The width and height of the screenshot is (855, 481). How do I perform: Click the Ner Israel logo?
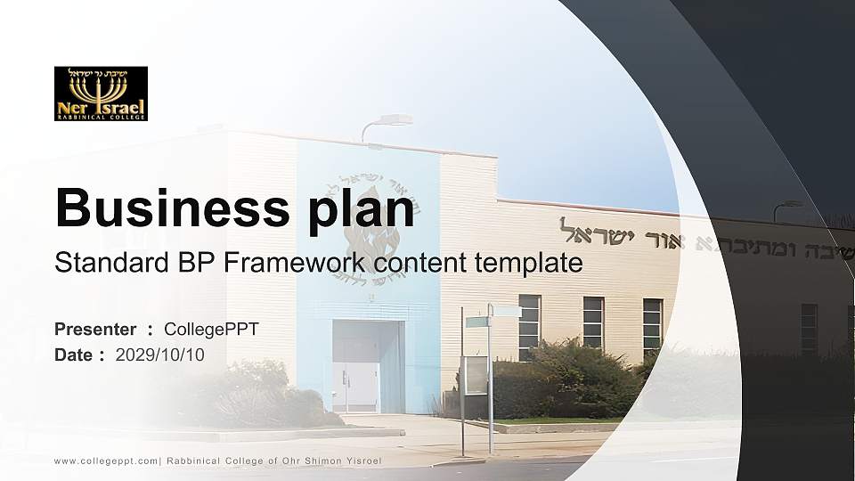pos(101,94)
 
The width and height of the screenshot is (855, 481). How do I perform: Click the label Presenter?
pos(95,330)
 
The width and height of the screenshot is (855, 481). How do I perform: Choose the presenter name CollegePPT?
pos(211,330)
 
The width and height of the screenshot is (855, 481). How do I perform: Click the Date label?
pos(74,355)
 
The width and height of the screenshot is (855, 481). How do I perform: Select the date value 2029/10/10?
pos(160,355)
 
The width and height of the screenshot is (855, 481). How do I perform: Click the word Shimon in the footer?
pos(323,461)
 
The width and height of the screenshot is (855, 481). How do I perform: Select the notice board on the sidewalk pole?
pos(475,375)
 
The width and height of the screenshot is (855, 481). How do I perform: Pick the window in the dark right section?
pos(809,328)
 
